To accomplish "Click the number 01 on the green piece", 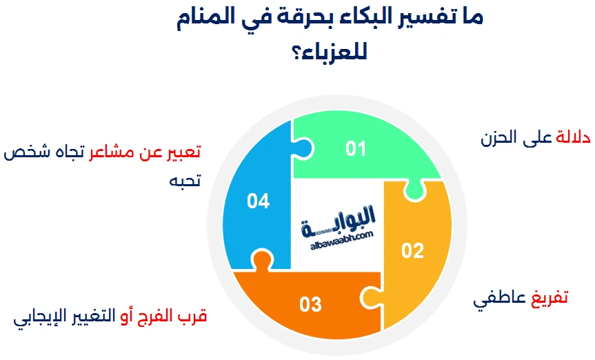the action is [x=356, y=148].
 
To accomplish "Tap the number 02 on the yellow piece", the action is [x=412, y=250].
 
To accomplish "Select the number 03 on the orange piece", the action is [x=310, y=304].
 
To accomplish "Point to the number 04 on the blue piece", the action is [x=258, y=201].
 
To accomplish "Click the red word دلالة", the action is [x=573, y=137].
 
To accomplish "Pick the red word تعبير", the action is [x=184, y=152].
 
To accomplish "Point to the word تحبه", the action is [x=185, y=180].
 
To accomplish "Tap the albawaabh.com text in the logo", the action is [x=341, y=241].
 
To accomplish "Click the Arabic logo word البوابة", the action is [x=338, y=222].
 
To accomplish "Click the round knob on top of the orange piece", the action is [x=262, y=259].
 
